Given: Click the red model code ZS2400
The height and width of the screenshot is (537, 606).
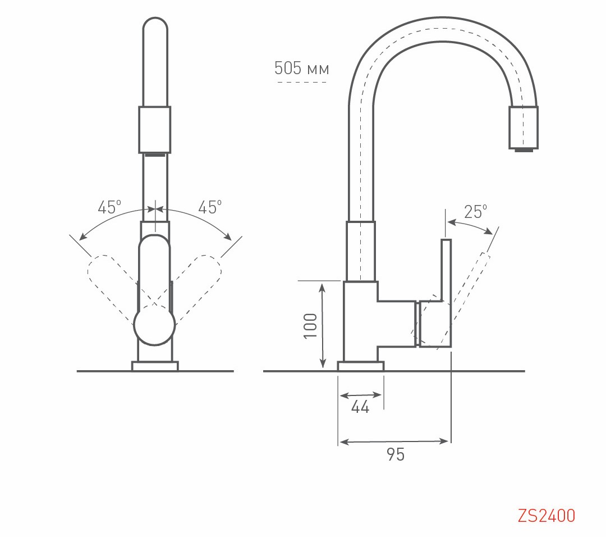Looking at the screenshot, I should point(546,515).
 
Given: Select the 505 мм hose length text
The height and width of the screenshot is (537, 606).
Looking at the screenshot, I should point(301,69).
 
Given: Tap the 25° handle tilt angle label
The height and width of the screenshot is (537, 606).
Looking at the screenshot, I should point(475,212).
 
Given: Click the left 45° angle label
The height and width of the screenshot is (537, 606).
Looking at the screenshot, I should point(109,207).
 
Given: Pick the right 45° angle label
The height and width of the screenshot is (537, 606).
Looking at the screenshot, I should point(209,207).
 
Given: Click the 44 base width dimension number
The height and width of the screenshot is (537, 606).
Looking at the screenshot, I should point(360,407).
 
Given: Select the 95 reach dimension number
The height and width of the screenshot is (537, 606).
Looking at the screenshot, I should point(396,454).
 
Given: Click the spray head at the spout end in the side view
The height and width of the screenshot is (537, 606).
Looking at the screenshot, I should point(523,128).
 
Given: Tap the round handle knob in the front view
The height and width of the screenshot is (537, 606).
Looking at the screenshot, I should point(154,325).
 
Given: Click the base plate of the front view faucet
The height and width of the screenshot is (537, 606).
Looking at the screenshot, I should point(155,366).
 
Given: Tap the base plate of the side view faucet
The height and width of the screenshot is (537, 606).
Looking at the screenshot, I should point(360,366).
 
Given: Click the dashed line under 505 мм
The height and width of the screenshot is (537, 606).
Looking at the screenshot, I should point(302,83).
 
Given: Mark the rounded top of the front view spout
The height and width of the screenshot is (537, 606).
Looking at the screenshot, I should point(155,28).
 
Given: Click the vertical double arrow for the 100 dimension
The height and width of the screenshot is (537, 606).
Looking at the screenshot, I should point(323,325).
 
